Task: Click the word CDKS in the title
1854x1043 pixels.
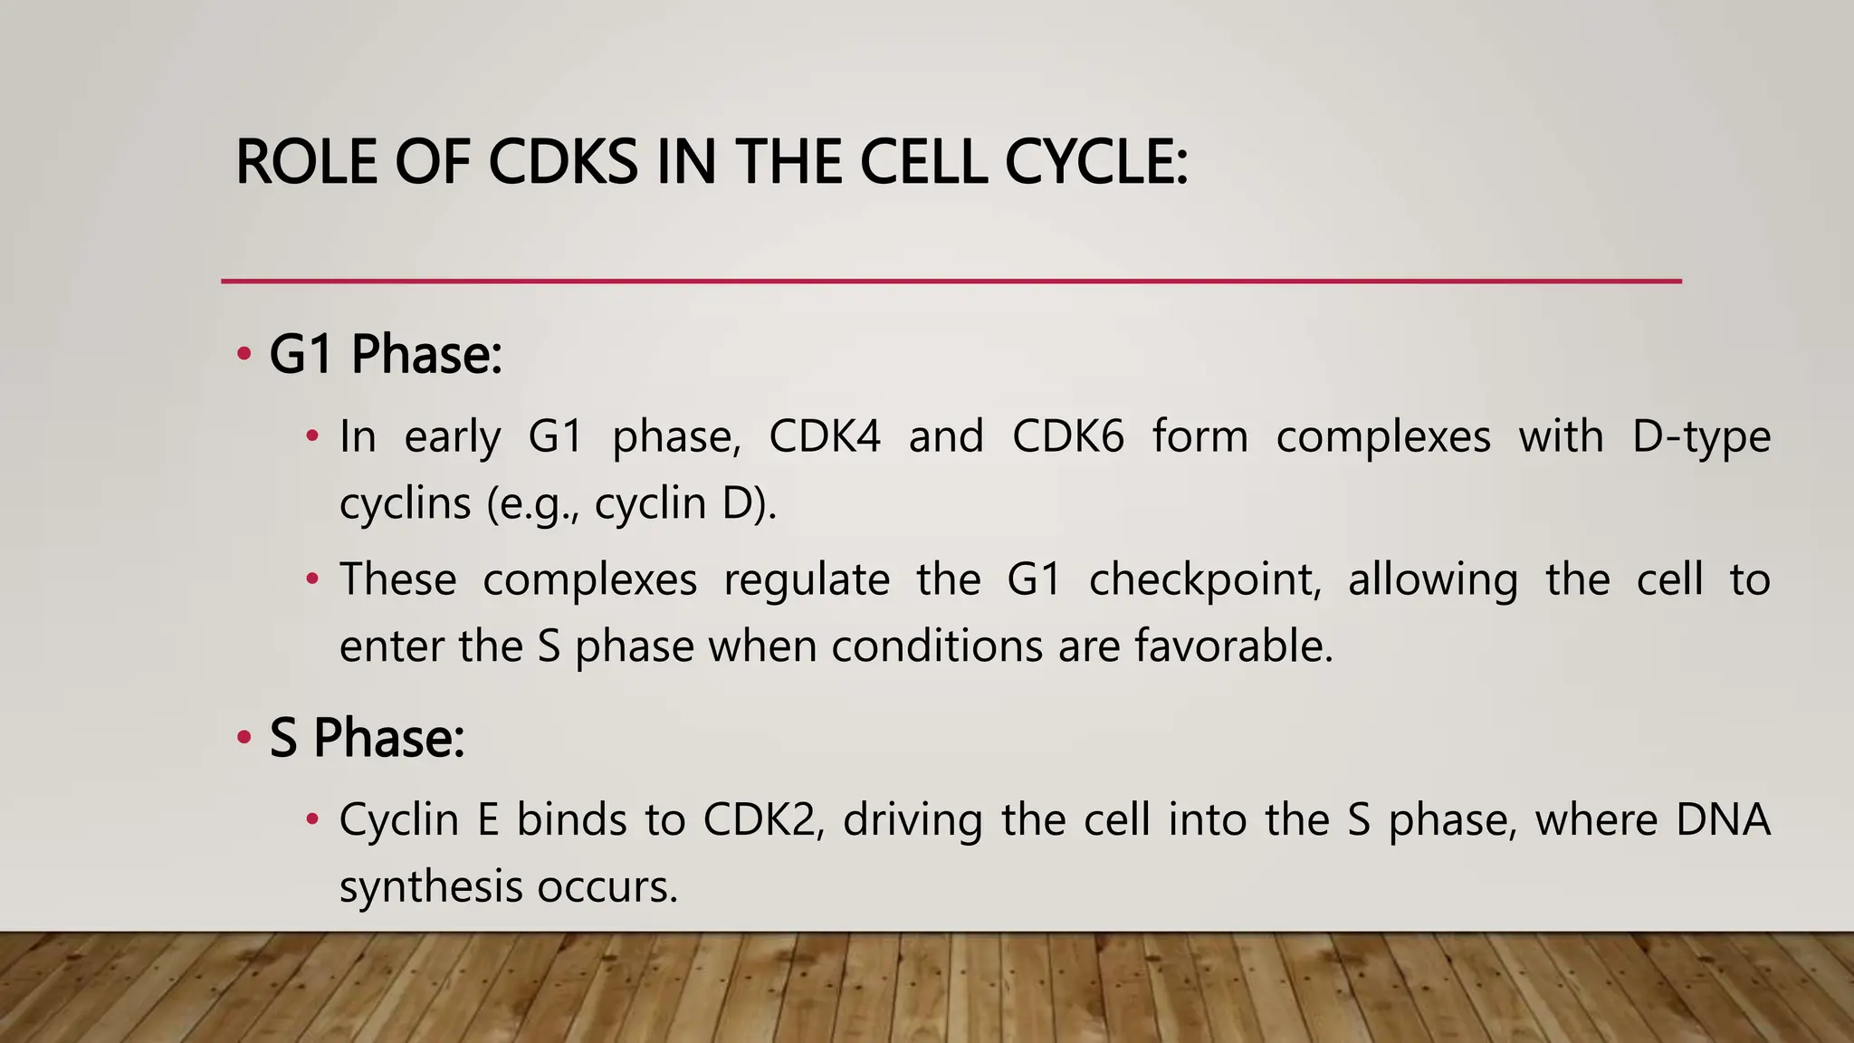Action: (563, 163)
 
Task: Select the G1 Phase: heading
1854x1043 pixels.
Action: (386, 354)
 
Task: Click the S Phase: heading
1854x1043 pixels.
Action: (367, 738)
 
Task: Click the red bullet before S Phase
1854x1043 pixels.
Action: (244, 738)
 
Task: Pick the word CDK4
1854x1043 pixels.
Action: (824, 436)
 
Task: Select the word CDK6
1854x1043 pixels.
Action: (1067, 436)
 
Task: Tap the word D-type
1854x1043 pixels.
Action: (1701, 436)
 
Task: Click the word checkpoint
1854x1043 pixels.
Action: (1204, 579)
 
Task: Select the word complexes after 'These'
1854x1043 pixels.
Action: (589, 579)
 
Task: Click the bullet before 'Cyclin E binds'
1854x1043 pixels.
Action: (312, 820)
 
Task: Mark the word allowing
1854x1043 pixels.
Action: (1432, 579)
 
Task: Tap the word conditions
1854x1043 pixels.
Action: (937, 646)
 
